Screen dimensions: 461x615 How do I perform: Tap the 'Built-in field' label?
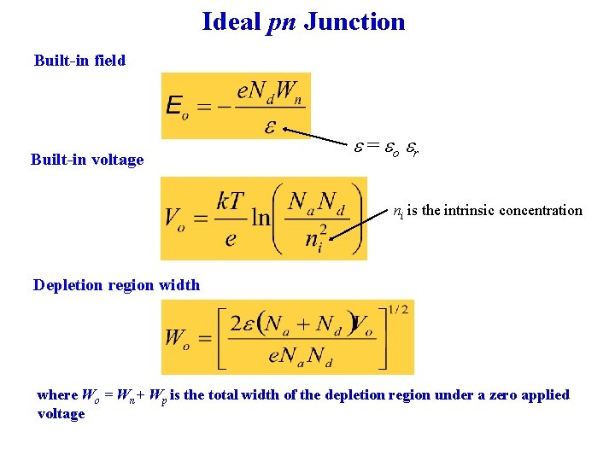click(x=79, y=60)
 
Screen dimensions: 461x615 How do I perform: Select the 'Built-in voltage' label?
click(x=86, y=160)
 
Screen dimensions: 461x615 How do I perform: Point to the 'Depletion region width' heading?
click(x=116, y=285)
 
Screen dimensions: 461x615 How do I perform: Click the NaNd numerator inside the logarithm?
click(x=317, y=202)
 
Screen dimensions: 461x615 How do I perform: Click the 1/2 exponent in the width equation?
click(x=397, y=310)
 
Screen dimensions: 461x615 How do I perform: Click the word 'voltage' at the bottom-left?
click(x=61, y=414)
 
